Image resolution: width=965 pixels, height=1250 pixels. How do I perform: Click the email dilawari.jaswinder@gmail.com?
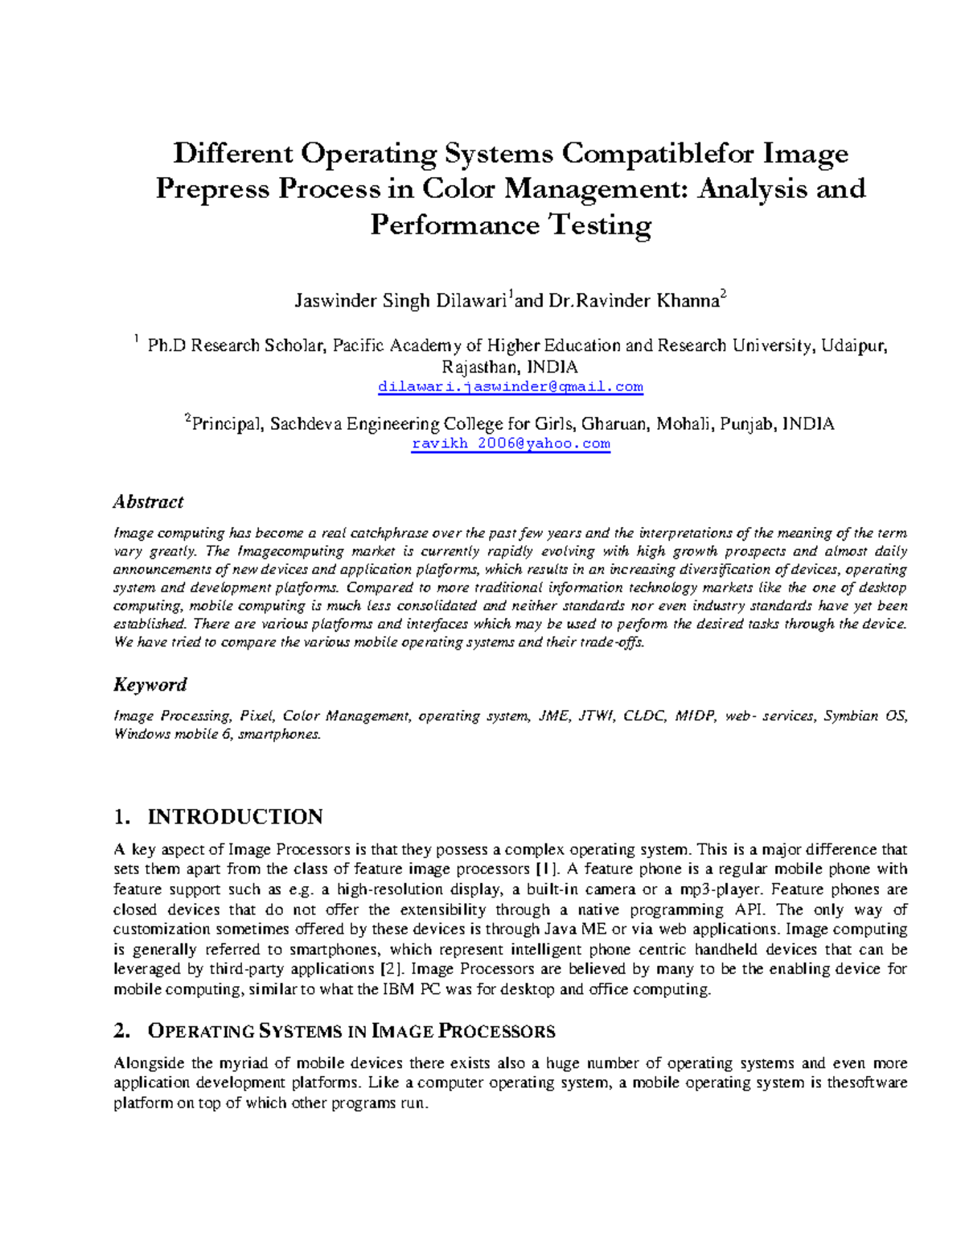click(x=511, y=387)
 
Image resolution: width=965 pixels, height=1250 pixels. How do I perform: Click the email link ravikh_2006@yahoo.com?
click(x=511, y=443)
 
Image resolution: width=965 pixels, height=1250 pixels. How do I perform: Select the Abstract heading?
click(x=148, y=501)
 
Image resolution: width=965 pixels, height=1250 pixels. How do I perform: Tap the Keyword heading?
click(x=150, y=684)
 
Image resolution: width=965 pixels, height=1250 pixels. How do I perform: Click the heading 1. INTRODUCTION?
click(x=218, y=817)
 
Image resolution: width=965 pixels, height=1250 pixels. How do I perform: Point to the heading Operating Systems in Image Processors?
click(x=351, y=1031)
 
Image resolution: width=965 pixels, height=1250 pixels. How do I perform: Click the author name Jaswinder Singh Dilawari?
click(x=400, y=302)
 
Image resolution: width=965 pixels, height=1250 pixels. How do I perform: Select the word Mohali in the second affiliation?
click(x=684, y=424)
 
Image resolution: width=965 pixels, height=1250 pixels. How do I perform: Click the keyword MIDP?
click(x=695, y=716)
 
